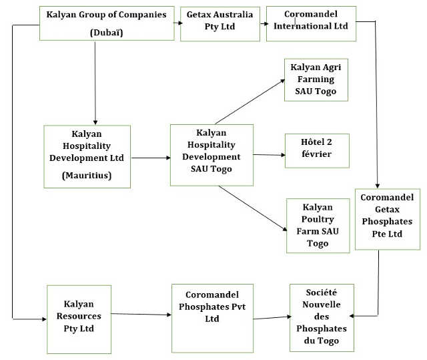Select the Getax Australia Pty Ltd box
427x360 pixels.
click(x=220, y=23)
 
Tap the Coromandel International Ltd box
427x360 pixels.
click(x=311, y=23)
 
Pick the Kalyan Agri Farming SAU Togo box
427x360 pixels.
click(x=316, y=79)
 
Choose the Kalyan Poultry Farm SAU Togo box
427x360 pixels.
click(x=318, y=226)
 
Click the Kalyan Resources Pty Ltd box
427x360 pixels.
click(x=79, y=319)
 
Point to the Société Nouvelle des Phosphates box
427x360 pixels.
click(x=322, y=317)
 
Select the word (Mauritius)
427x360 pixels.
click(x=87, y=176)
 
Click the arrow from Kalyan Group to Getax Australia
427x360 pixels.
click(x=177, y=23)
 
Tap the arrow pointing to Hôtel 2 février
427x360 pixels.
click(x=269, y=155)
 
